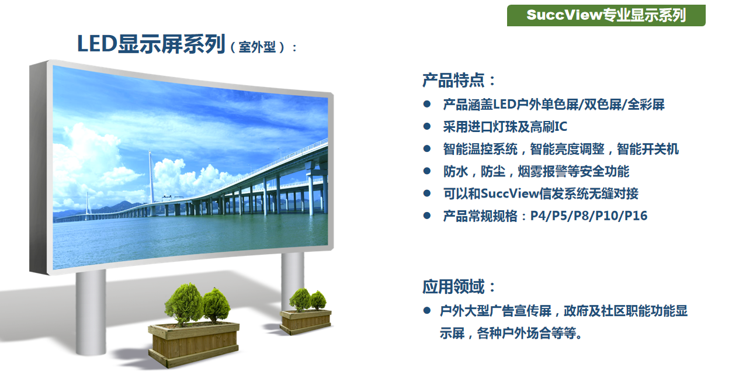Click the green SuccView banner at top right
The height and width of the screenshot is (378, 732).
[x=606, y=15]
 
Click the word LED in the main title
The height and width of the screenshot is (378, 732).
[x=97, y=44]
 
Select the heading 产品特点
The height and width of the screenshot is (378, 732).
[x=459, y=80]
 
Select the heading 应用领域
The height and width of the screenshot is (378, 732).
[x=459, y=286]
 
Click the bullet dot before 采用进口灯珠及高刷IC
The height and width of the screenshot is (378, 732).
[x=427, y=126]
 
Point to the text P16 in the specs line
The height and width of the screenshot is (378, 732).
[x=636, y=216]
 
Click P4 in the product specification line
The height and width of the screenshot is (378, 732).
[x=537, y=216]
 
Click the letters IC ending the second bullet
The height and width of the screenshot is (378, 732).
[x=561, y=126]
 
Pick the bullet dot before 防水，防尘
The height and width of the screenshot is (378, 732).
[x=427, y=171]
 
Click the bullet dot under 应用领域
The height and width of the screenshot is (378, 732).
[x=427, y=310]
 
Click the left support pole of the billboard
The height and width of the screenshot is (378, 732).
[x=91, y=312]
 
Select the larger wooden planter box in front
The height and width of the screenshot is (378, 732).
[x=194, y=344]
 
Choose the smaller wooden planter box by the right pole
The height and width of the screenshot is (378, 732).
[x=306, y=322]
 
